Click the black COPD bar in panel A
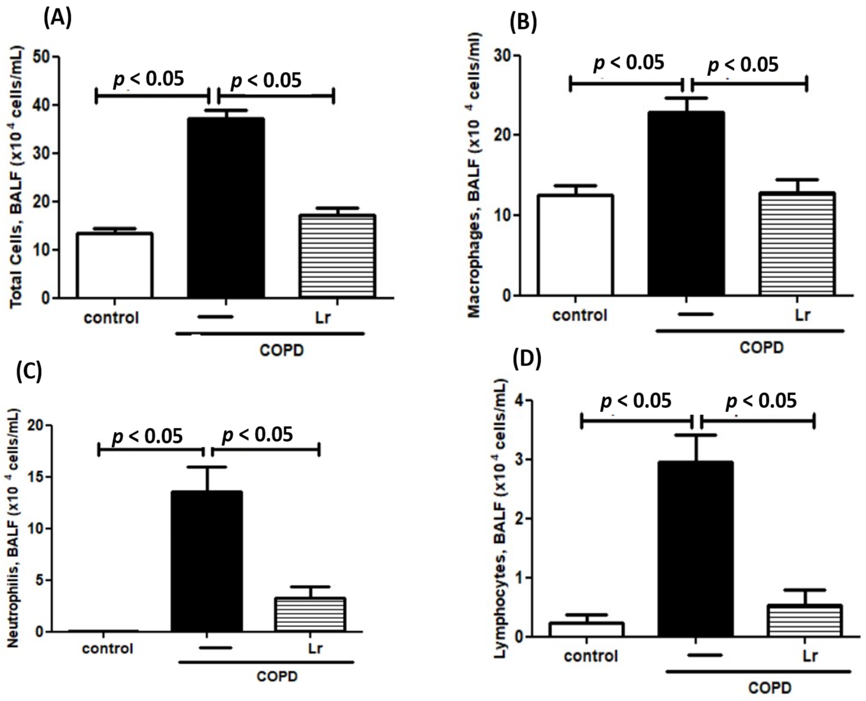pos(226,208)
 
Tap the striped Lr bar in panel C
pos(310,615)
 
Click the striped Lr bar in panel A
pos(337,256)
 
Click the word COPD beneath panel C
pos(277,676)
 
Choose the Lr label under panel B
pos(802,315)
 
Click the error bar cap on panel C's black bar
pos(208,467)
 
